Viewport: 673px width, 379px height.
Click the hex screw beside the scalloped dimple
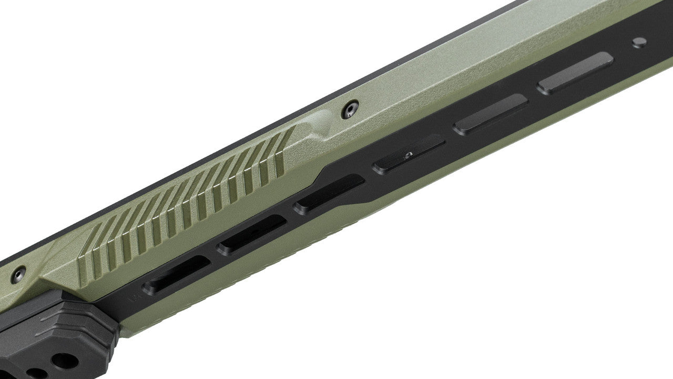point(349,109)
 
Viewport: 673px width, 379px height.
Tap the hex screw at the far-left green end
point(19,273)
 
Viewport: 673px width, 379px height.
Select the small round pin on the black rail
point(639,43)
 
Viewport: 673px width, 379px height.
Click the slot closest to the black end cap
point(176,275)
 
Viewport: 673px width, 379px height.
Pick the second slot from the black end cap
point(252,235)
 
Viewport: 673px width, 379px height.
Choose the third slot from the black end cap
point(329,194)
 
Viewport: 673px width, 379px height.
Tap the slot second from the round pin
point(490,114)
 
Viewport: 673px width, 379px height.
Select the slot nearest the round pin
point(575,73)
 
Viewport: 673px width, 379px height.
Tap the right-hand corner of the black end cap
point(117,329)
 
